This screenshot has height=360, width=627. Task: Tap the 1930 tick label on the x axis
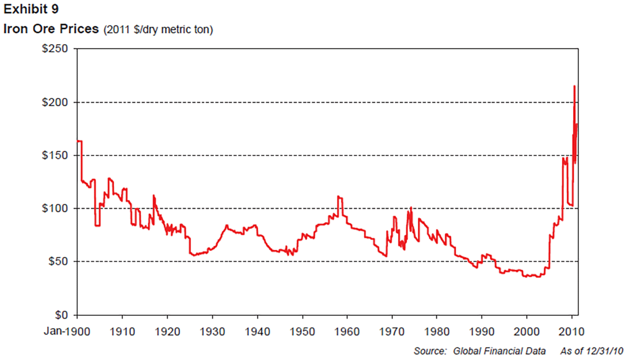tap(212, 331)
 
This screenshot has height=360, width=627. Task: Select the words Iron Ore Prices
tap(51, 29)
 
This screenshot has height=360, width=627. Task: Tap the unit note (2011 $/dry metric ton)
tap(158, 30)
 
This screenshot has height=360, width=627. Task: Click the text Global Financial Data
tap(499, 351)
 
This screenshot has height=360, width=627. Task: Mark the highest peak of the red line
tap(574, 86)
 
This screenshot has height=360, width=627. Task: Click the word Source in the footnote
tap(429, 351)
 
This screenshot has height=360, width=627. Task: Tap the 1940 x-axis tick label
tap(258, 331)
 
